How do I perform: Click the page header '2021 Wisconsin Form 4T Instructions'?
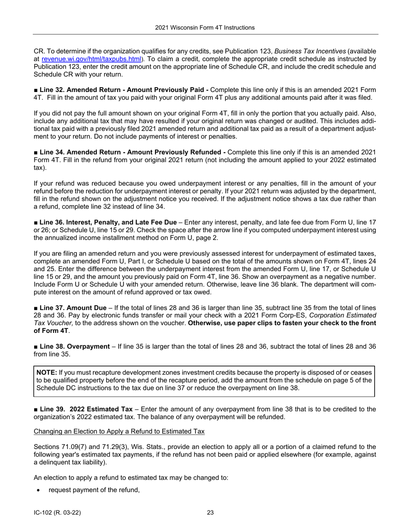(x=205, y=28)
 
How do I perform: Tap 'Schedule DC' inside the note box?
(x=54, y=388)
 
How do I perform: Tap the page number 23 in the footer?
(x=210, y=513)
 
